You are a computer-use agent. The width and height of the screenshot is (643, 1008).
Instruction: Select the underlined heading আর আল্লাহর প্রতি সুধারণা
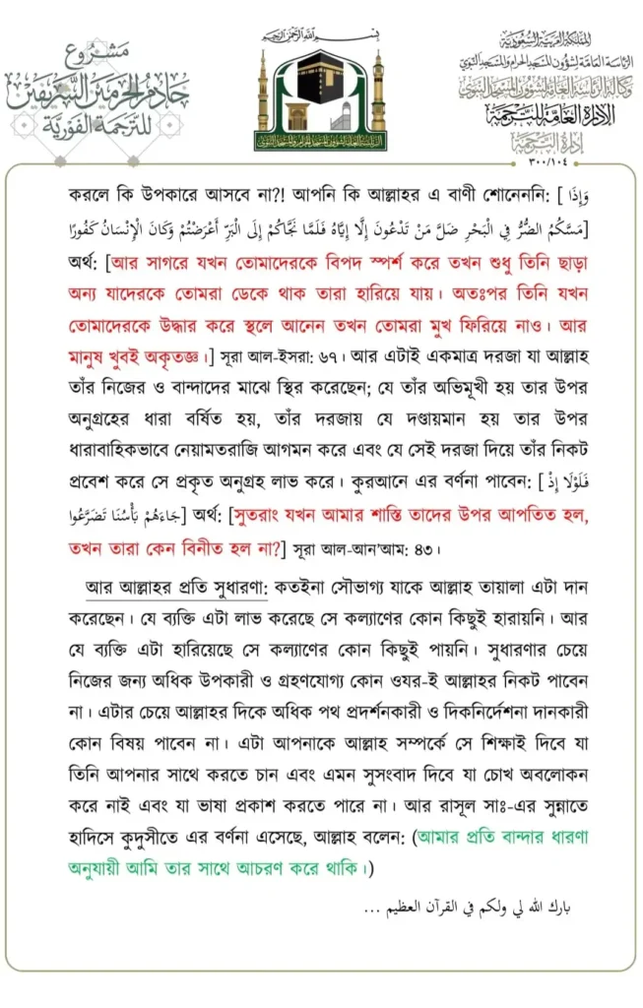tap(176, 598)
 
